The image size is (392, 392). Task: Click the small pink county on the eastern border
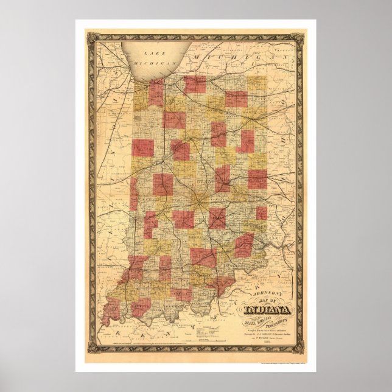pos(262,213)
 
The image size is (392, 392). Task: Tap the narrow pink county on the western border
pos(133,195)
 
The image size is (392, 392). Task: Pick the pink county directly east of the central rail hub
pos(217,217)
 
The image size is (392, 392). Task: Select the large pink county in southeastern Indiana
pos(244,244)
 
